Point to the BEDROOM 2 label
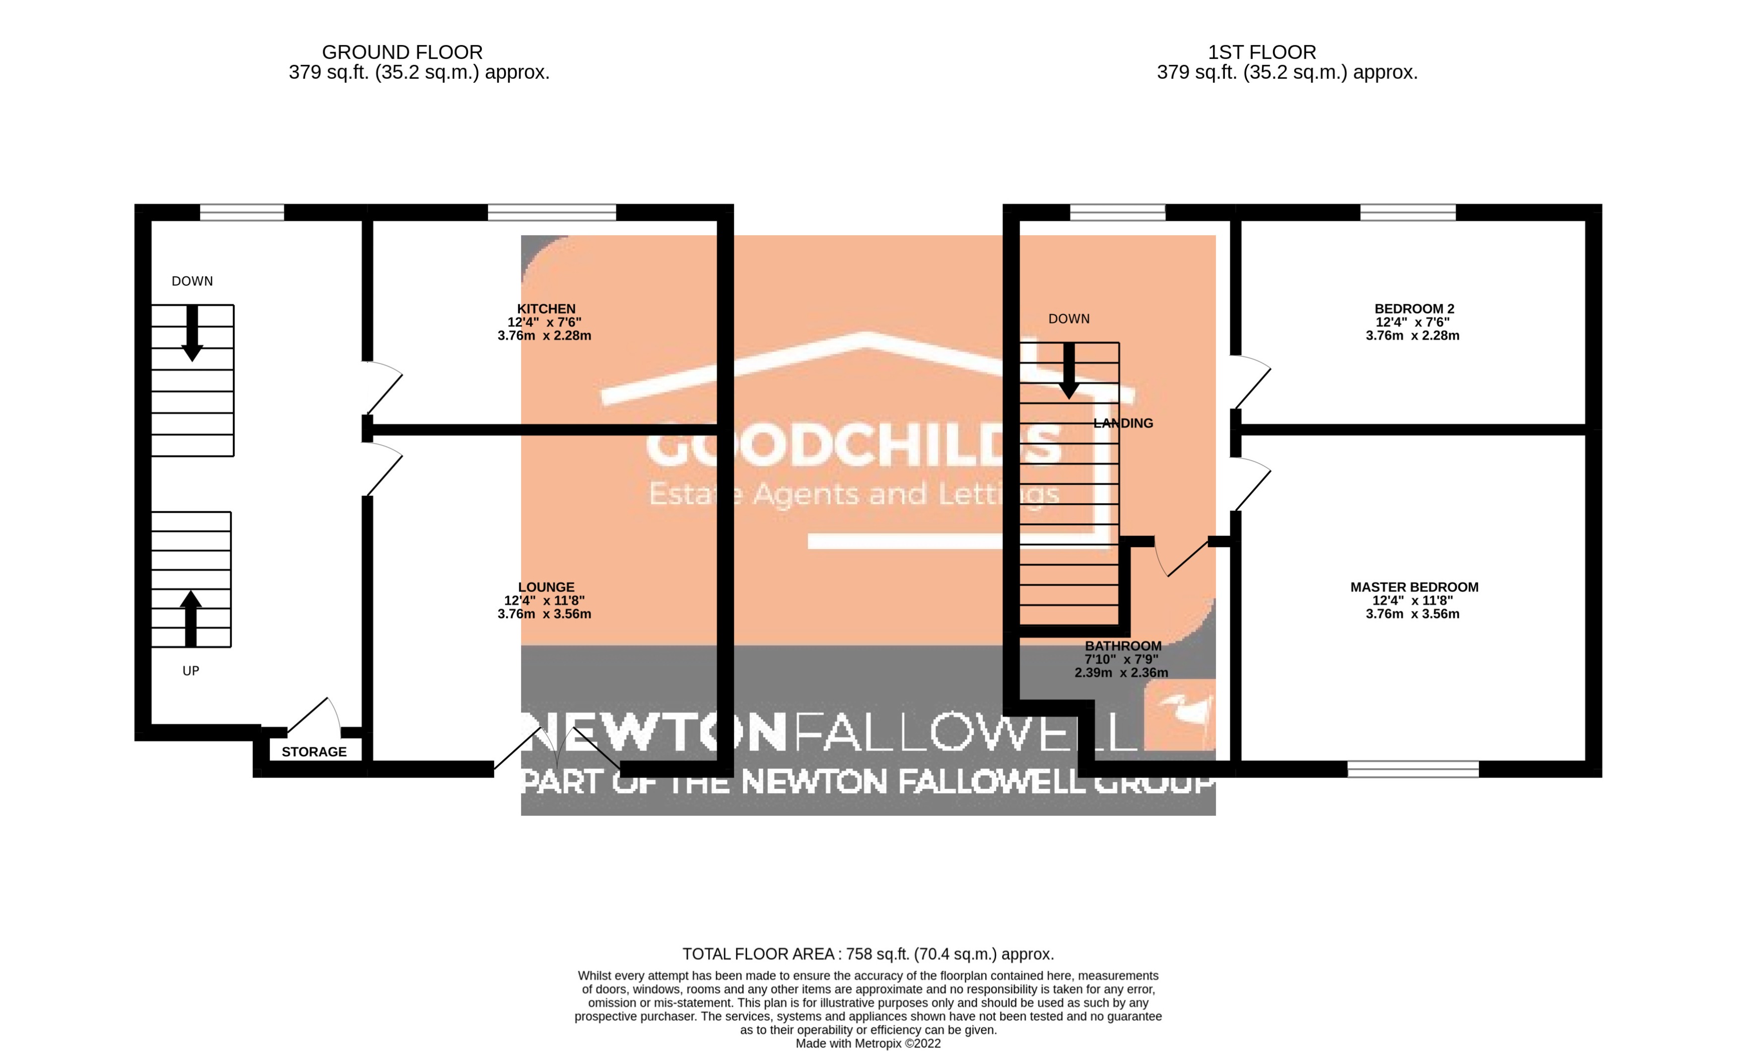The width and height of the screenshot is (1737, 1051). (1413, 309)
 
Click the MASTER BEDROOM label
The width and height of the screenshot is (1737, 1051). (1413, 587)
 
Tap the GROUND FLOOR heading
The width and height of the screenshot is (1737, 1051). (402, 52)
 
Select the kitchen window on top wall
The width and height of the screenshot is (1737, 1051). (551, 212)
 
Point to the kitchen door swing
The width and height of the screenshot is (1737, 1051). (384, 388)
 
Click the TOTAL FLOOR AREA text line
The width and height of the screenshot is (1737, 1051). (868, 954)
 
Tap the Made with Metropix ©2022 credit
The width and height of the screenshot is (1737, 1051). (868, 1043)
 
